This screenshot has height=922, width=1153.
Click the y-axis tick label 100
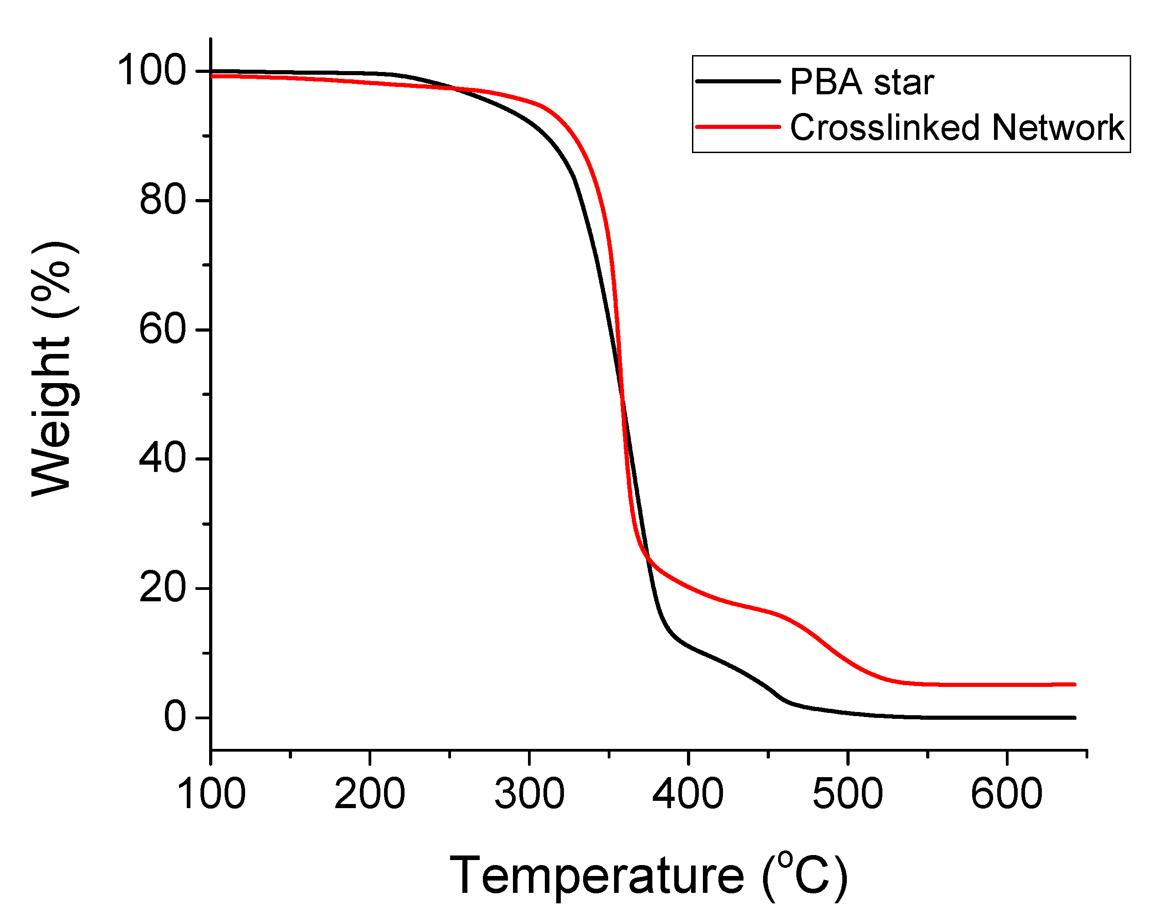[x=151, y=71]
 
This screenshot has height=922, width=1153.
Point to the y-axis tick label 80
[x=163, y=200]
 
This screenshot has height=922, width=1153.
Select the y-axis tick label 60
[x=163, y=329]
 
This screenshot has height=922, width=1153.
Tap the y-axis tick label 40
[x=163, y=458]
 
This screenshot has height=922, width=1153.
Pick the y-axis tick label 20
[x=163, y=588]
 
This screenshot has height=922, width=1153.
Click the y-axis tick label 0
[x=175, y=717]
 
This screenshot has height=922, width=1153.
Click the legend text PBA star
[x=861, y=82]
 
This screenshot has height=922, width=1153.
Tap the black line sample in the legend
[x=738, y=81]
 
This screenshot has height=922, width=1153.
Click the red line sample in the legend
[x=738, y=127]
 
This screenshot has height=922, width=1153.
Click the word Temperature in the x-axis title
[x=597, y=876]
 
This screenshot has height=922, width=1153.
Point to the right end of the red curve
[x=1074, y=685]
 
